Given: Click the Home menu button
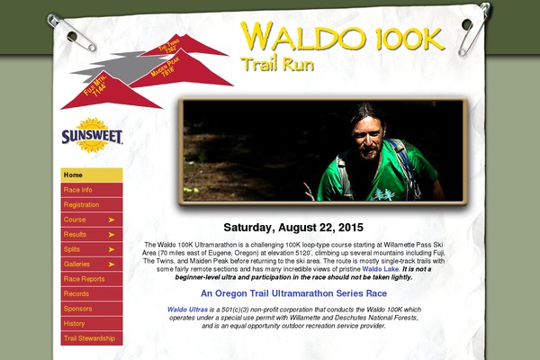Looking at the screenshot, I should click(x=91, y=175).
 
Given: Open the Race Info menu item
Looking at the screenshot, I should click(x=91, y=190).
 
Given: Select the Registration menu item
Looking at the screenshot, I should click(x=91, y=204).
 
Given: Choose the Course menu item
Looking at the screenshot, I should click(x=91, y=220).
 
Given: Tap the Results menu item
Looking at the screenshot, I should click(x=91, y=234).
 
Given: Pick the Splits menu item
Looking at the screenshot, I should click(x=91, y=249).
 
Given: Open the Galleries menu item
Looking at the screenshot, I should click(x=91, y=264).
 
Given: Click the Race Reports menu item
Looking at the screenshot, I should click(x=91, y=279).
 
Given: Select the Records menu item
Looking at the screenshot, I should click(x=91, y=293).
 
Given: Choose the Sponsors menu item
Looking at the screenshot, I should click(x=91, y=309).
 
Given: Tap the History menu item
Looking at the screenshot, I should click(x=91, y=323).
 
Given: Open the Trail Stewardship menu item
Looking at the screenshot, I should click(x=91, y=338).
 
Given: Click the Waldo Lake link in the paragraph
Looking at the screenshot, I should click(x=380, y=269).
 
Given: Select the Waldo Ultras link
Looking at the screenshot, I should click(x=185, y=310).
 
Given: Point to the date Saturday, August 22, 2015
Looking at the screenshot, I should click(x=293, y=227).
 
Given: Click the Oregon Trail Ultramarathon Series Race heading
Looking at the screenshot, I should click(x=293, y=293).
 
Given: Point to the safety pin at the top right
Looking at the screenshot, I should click(x=473, y=27).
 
